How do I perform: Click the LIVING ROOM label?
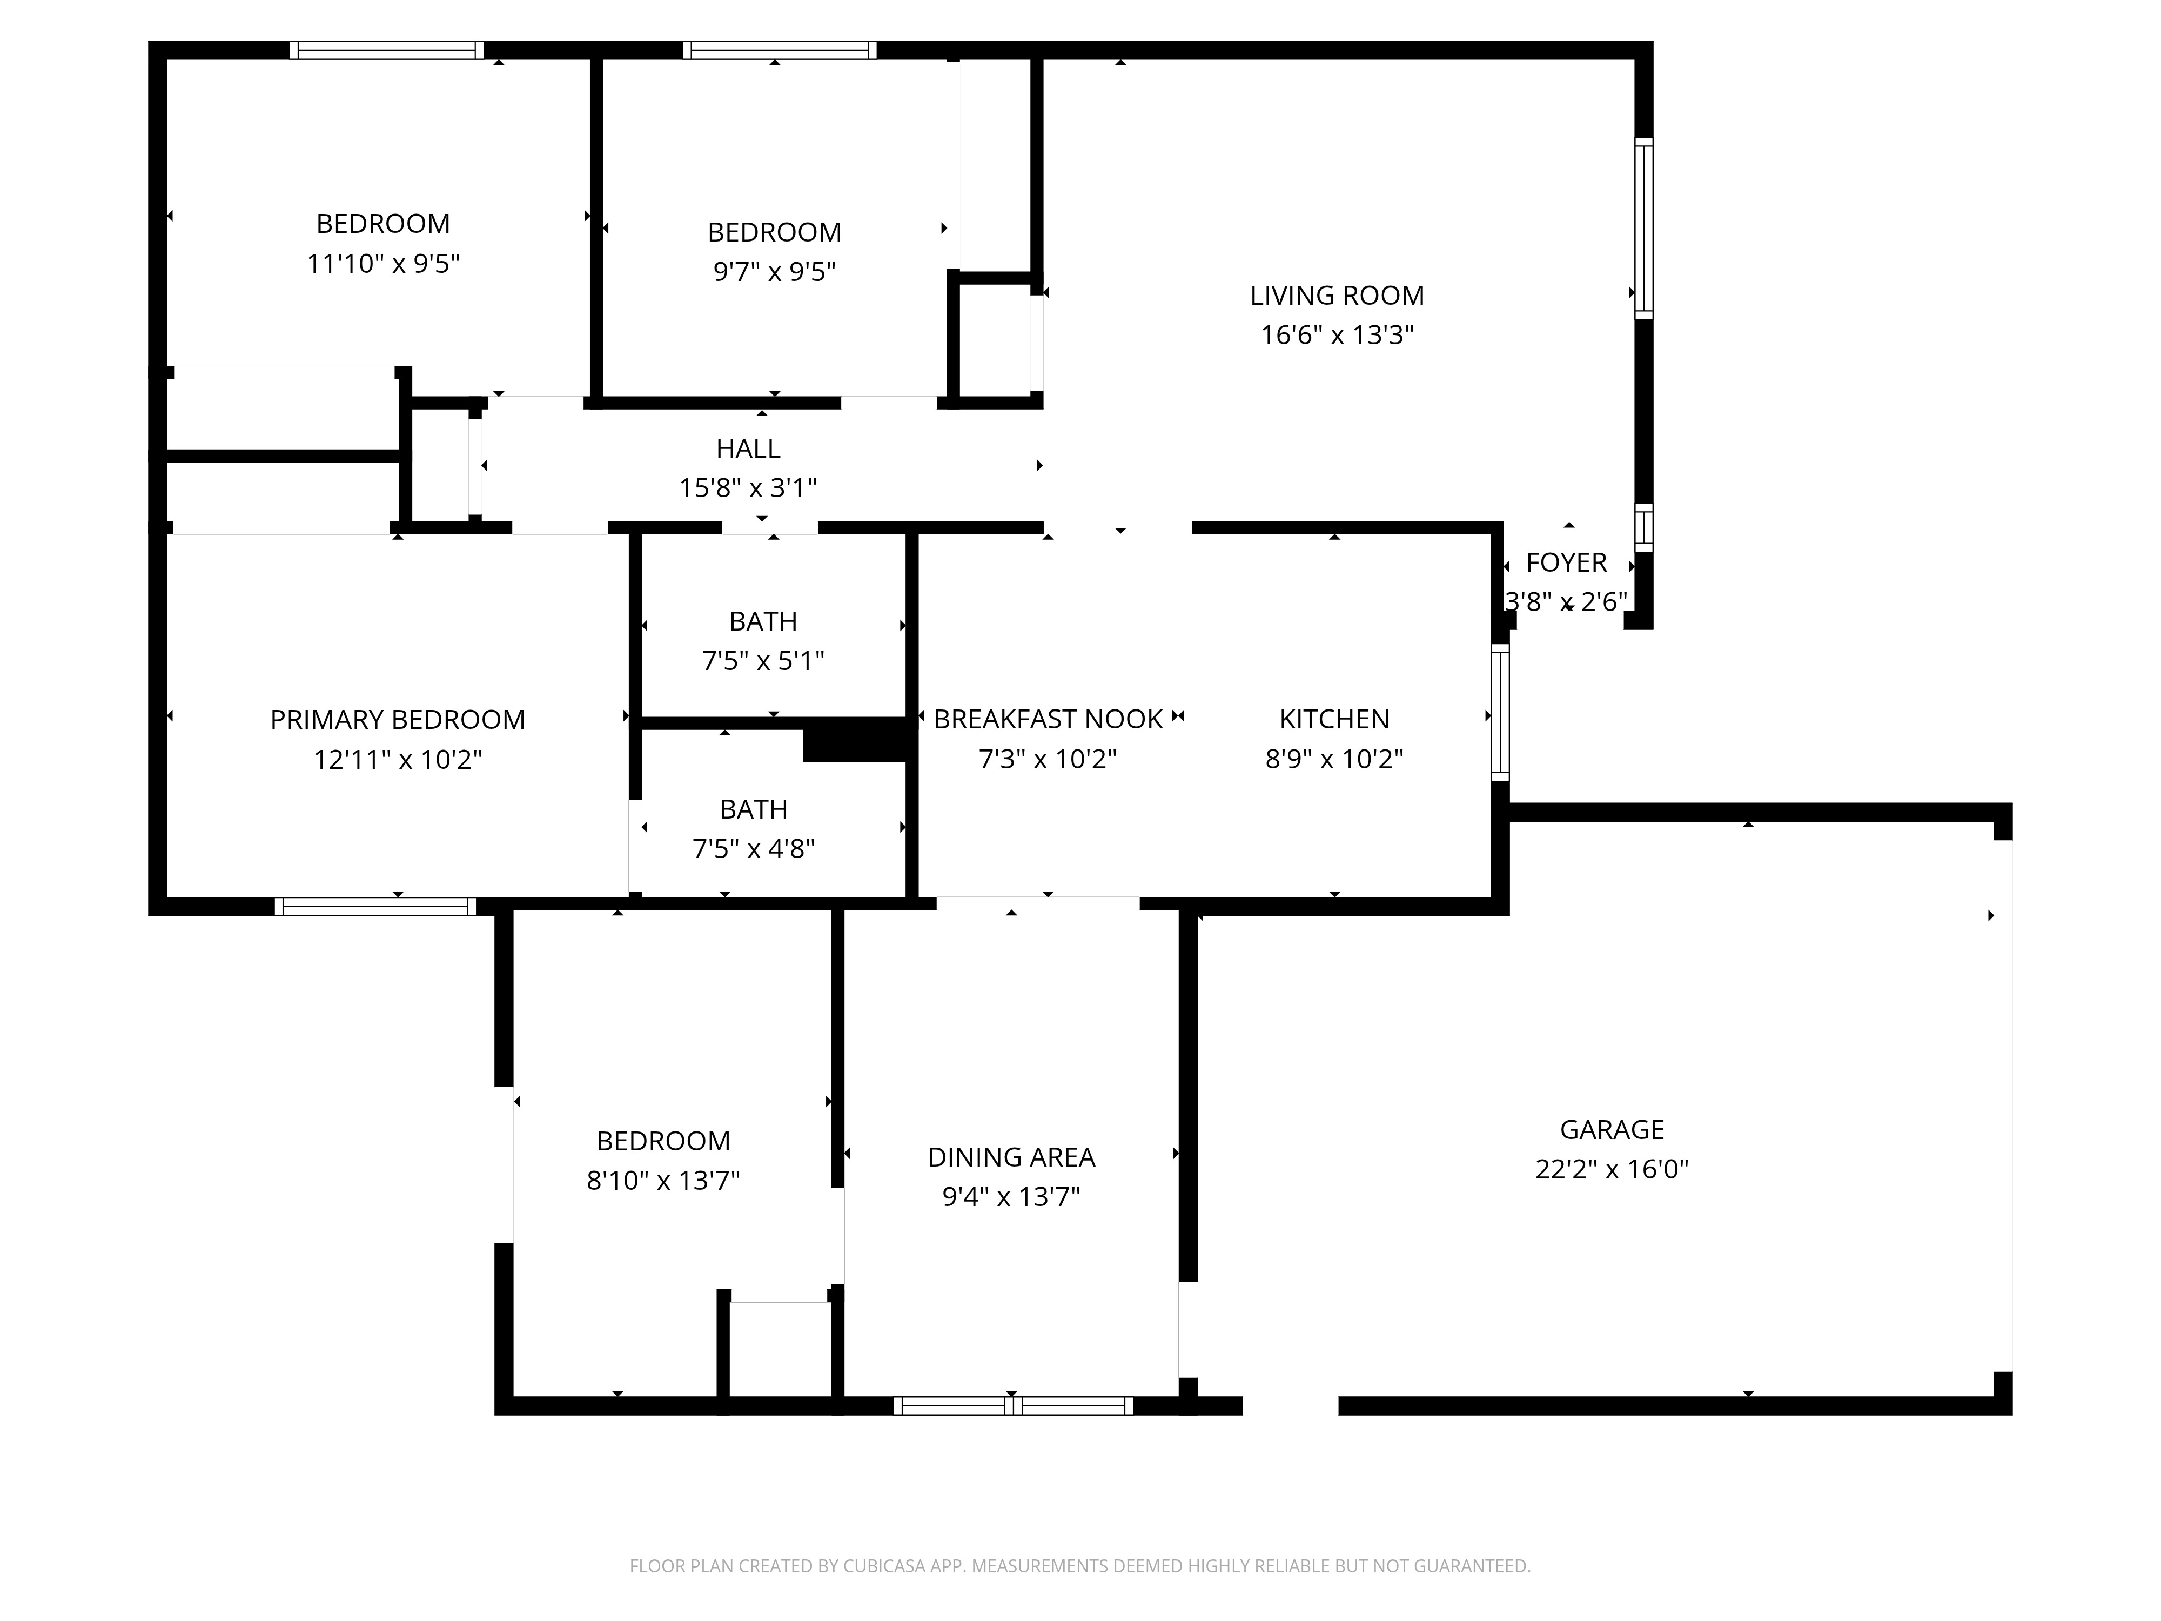pyautogui.click(x=1337, y=295)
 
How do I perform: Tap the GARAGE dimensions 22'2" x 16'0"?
pyautogui.click(x=1611, y=1169)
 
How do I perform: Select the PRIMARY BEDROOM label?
pyautogui.click(x=398, y=719)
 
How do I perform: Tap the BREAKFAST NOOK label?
pyautogui.click(x=1048, y=719)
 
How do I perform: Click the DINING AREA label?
pyautogui.click(x=1011, y=1157)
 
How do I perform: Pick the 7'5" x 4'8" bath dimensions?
pyautogui.click(x=753, y=849)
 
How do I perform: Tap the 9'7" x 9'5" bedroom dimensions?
pyautogui.click(x=774, y=272)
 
